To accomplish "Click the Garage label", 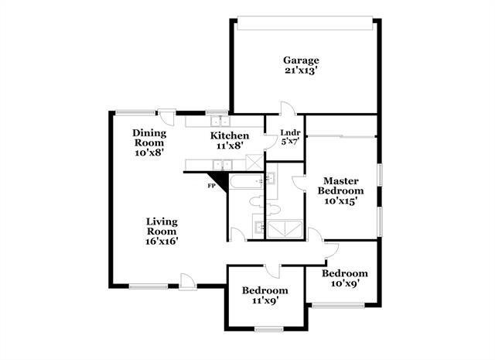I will (300, 60).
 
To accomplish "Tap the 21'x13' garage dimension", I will (300, 71).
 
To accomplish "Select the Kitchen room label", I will (230, 135).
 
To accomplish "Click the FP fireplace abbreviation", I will (210, 186).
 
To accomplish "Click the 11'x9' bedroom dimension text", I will (265, 300).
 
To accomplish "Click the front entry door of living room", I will (186, 280).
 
